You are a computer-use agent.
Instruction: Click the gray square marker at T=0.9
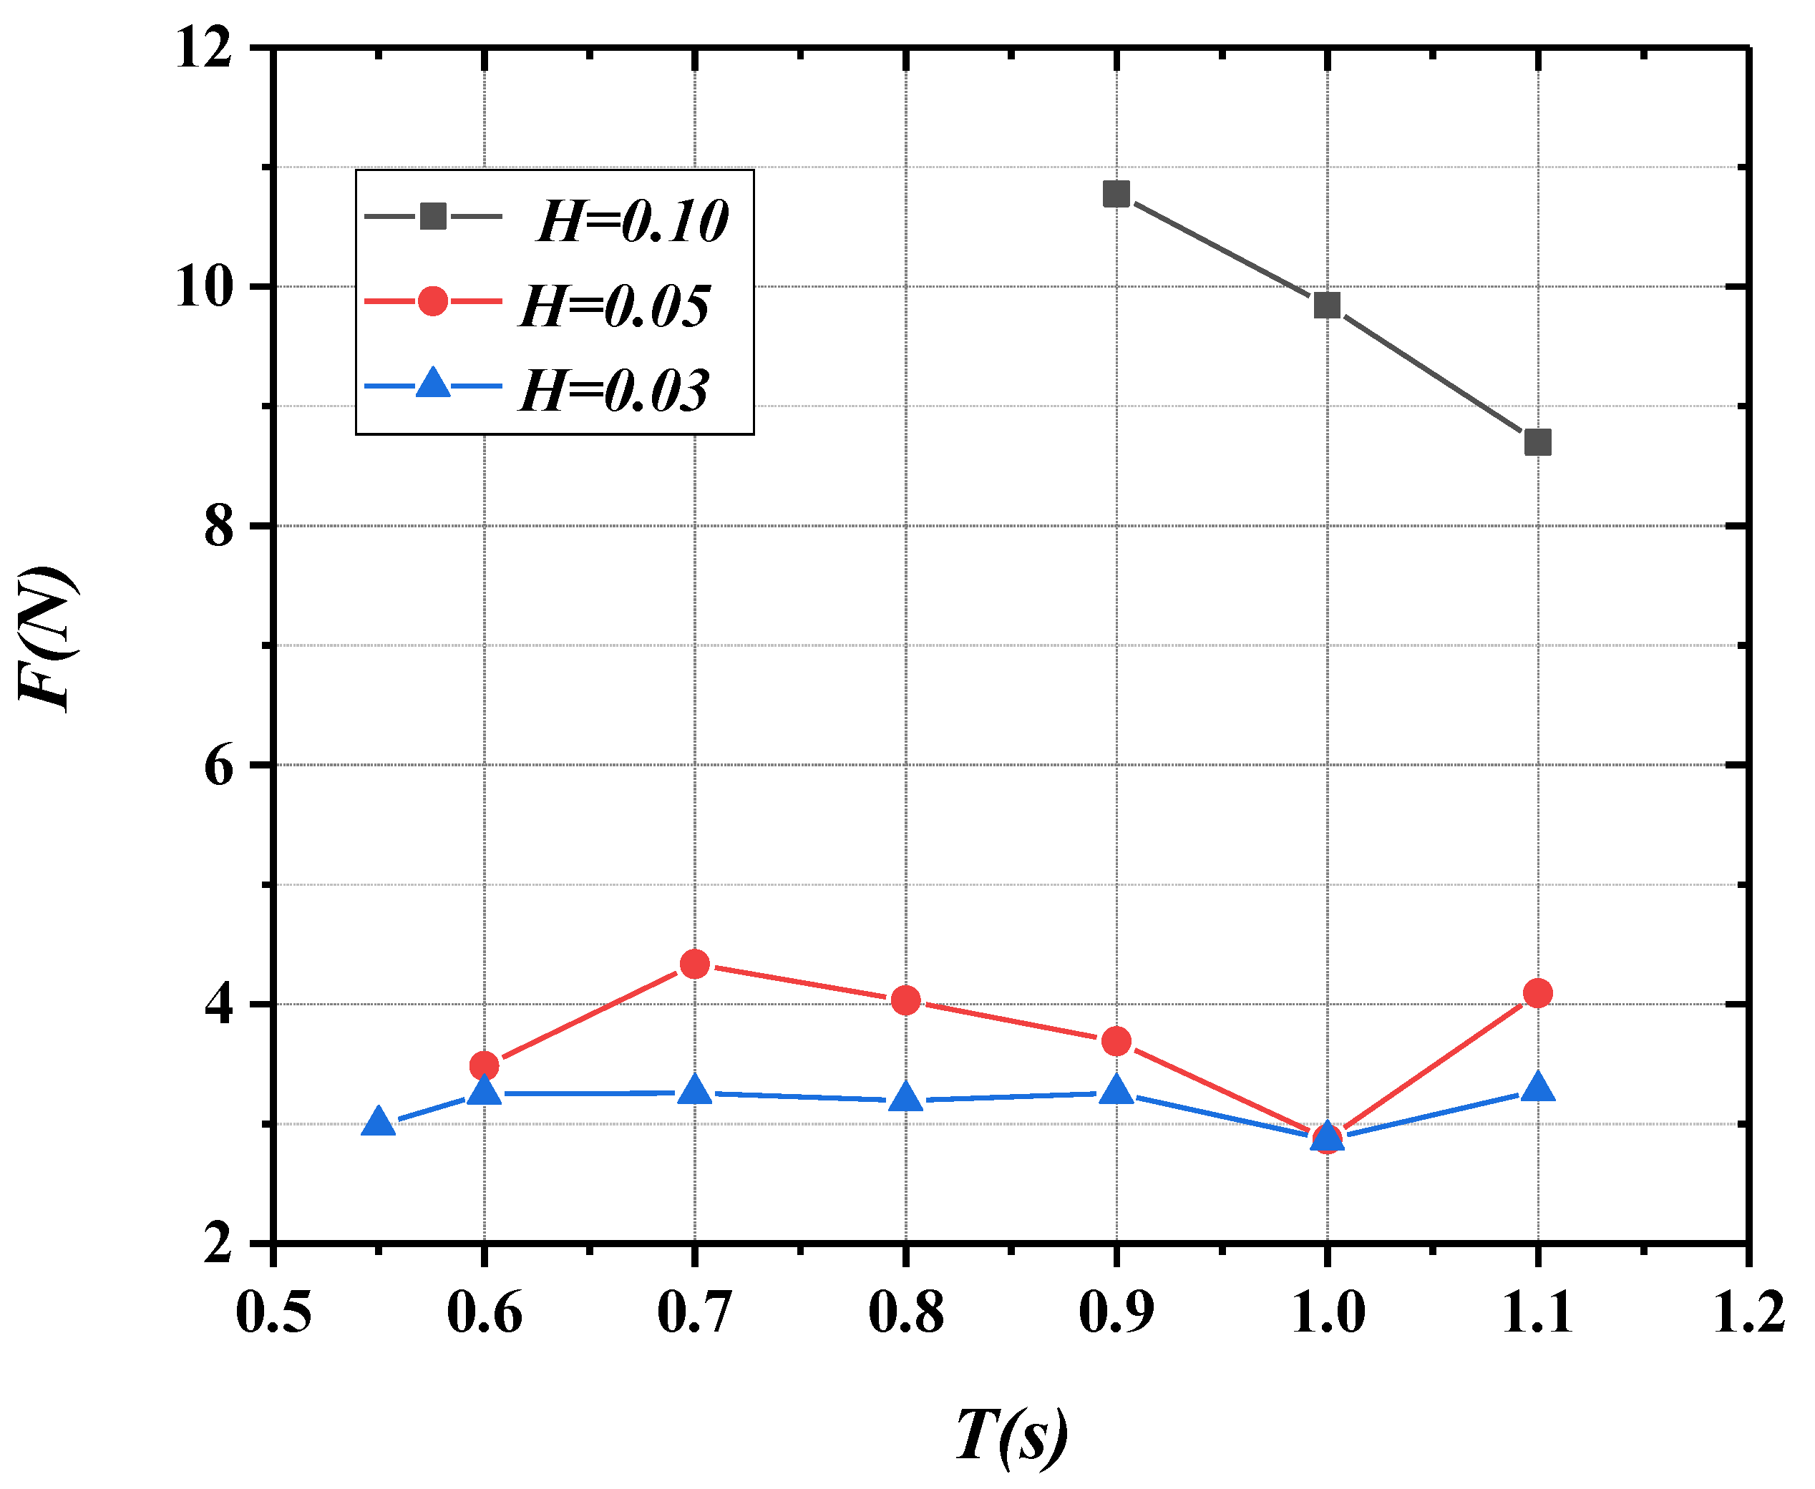click(x=1116, y=195)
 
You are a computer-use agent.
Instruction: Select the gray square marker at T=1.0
click(x=1327, y=305)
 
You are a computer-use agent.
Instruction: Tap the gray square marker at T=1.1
click(x=1538, y=443)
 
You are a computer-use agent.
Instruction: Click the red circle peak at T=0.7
click(x=695, y=964)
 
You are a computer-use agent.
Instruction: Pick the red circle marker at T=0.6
click(x=485, y=1066)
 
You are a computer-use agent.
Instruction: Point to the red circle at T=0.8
click(x=906, y=1000)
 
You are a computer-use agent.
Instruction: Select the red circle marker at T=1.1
click(x=1538, y=993)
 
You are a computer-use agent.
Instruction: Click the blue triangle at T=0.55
click(x=379, y=1122)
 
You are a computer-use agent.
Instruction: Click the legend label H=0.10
click(x=632, y=221)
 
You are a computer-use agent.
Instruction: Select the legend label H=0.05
click(x=615, y=306)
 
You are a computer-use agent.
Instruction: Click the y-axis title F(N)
click(x=47, y=638)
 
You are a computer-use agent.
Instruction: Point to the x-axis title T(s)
click(x=1011, y=1434)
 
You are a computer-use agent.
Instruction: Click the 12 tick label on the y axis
click(x=204, y=47)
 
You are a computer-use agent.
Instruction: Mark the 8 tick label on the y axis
click(x=219, y=526)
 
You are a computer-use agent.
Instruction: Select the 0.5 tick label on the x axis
click(x=273, y=1312)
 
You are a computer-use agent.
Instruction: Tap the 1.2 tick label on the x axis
click(x=1749, y=1312)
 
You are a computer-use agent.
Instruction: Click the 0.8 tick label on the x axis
click(x=906, y=1312)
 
